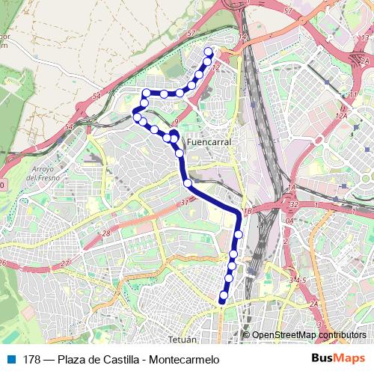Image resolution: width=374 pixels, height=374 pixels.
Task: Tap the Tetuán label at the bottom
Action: click(x=183, y=339)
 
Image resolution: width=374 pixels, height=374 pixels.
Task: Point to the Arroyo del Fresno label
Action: click(x=42, y=174)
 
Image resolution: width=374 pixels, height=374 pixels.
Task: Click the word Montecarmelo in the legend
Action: click(x=183, y=360)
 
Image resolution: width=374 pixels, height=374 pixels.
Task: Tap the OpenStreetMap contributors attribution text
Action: click(x=309, y=335)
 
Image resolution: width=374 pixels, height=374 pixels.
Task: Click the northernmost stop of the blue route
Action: click(x=209, y=51)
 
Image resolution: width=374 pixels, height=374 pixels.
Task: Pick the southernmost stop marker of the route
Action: click(x=222, y=301)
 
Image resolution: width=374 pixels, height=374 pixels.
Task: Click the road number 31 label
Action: click(x=185, y=202)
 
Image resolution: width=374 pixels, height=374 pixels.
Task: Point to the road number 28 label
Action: click(x=106, y=234)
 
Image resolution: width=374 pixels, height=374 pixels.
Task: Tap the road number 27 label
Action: click(x=66, y=263)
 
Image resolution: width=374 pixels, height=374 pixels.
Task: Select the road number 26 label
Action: click(x=3, y=263)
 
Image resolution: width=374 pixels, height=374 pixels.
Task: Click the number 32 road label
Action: click(x=294, y=204)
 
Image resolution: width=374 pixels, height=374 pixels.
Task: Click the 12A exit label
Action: click(x=342, y=114)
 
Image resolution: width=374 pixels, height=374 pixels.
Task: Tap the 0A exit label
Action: click(x=289, y=221)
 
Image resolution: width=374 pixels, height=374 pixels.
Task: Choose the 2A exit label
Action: click(x=314, y=304)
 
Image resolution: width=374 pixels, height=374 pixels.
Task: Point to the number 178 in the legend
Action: click(x=31, y=360)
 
